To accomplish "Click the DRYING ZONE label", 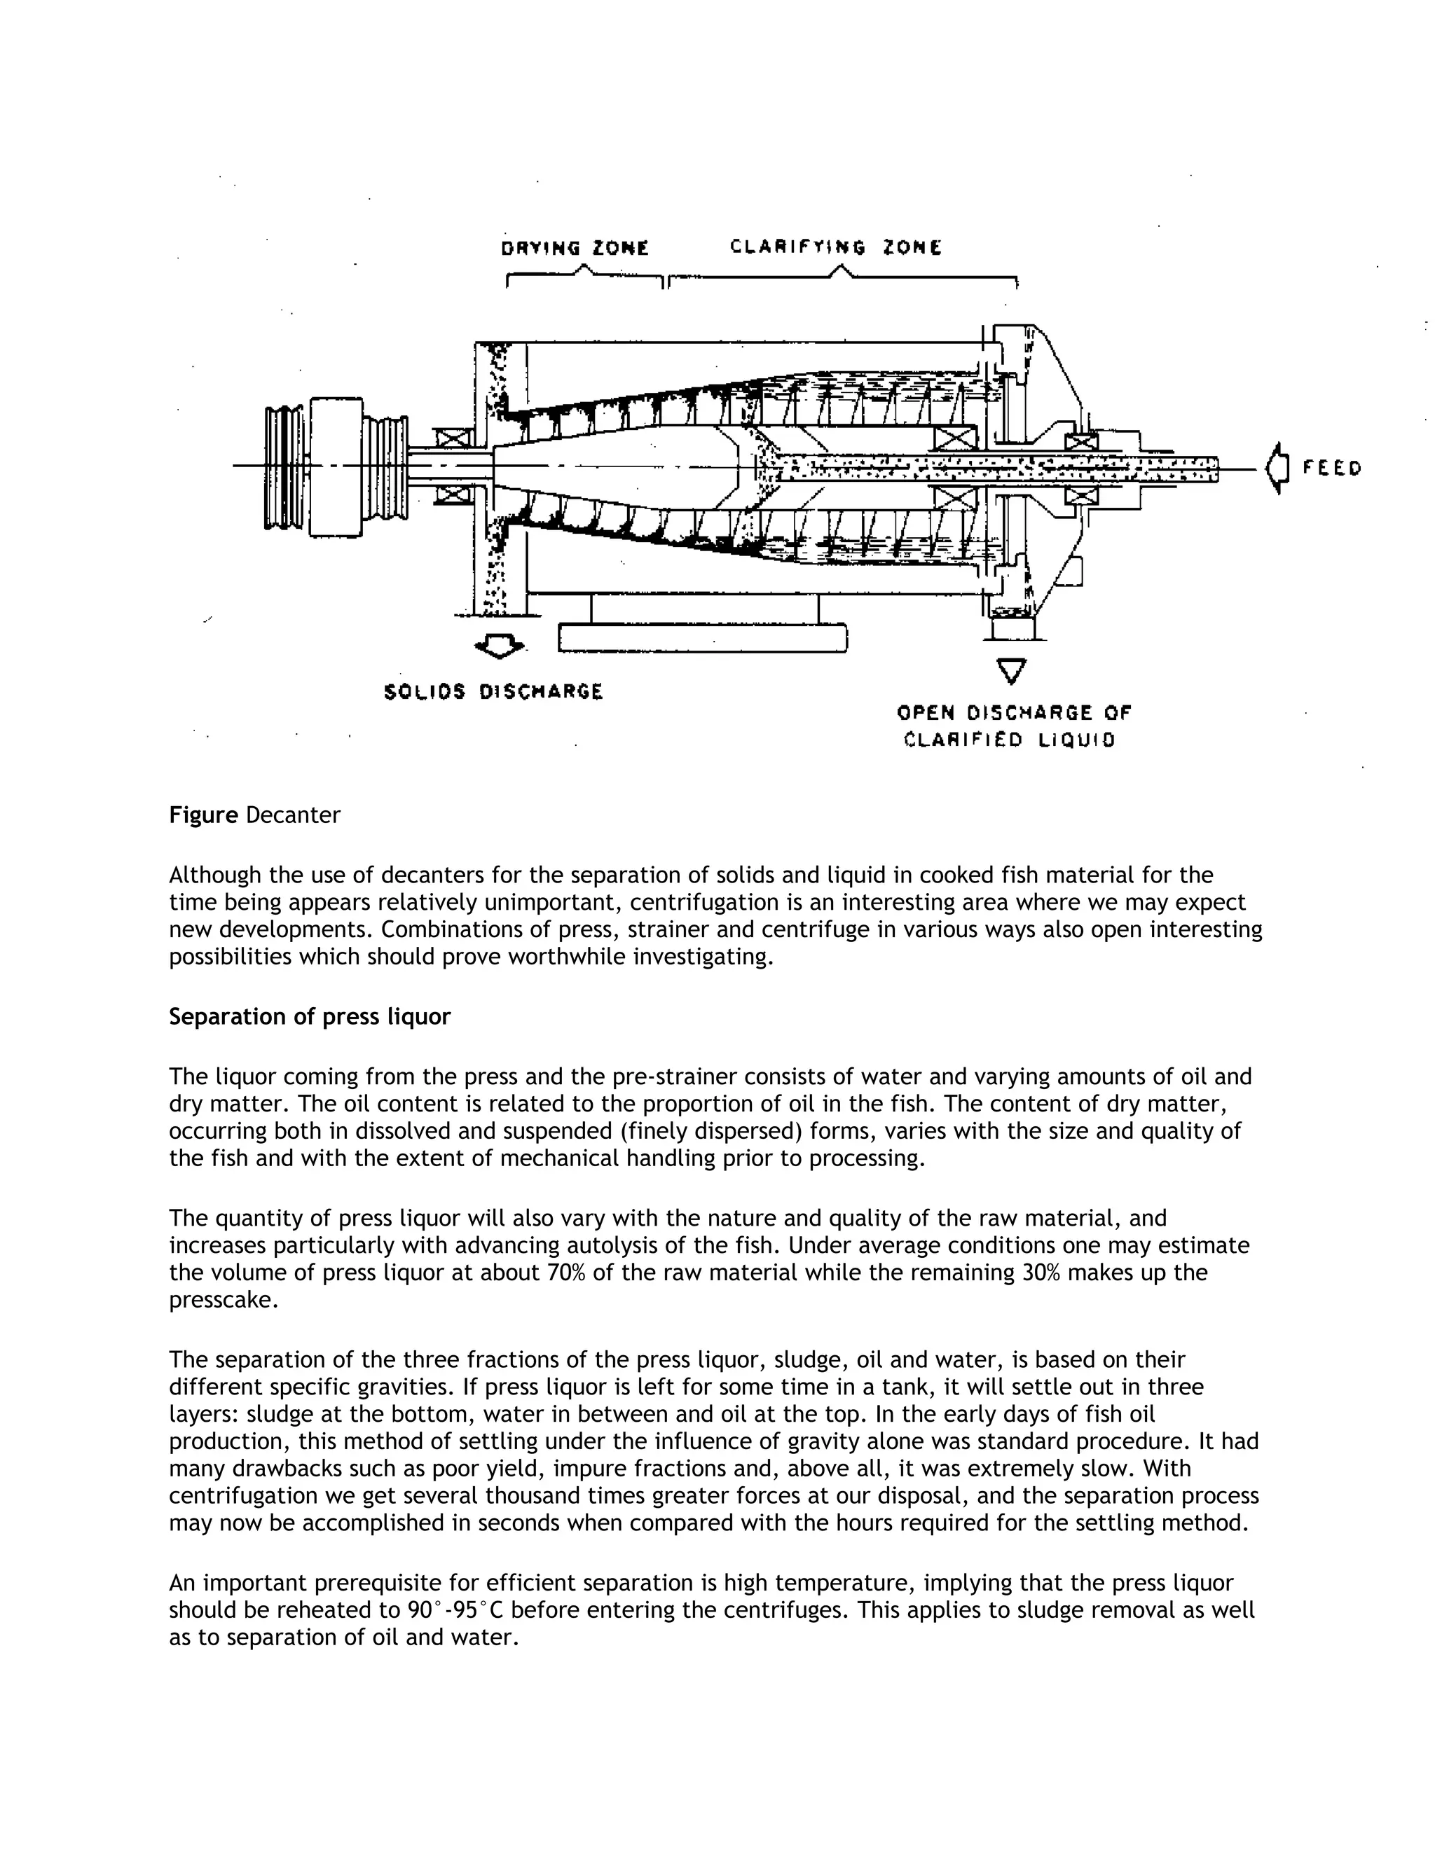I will point(575,248).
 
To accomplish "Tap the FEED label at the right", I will point(1331,469).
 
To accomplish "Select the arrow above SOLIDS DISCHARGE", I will point(499,648).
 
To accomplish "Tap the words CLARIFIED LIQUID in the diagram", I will point(1009,740).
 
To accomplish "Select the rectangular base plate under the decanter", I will point(702,638).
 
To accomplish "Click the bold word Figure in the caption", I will point(203,815).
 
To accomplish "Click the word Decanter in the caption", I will point(294,815).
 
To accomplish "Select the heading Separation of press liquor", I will point(310,1016).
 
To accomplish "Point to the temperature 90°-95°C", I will point(455,1609).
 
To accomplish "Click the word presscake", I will point(224,1299).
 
